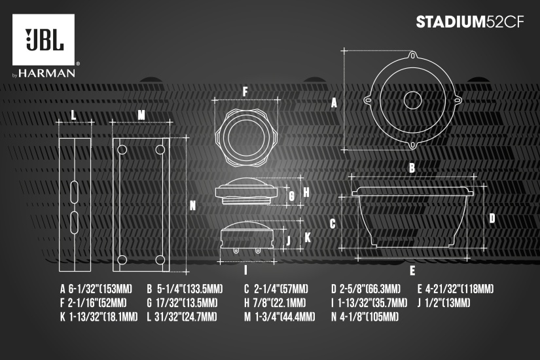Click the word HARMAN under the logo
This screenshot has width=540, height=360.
point(47,73)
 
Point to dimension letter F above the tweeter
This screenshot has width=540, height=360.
point(245,91)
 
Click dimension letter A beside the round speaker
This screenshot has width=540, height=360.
point(334,103)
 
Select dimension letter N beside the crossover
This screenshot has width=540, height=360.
point(193,205)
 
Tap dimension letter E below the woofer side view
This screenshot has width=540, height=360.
point(412,270)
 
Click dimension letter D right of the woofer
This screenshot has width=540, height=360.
point(492,218)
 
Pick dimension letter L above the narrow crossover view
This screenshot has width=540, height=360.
point(73,115)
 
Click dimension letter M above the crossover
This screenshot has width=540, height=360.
point(141,115)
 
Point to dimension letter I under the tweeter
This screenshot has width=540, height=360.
point(245,270)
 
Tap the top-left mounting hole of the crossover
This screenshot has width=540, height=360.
point(122,150)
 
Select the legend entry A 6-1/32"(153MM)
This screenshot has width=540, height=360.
point(96,289)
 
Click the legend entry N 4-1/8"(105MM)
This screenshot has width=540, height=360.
point(365,317)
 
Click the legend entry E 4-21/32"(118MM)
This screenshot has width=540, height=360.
point(456,289)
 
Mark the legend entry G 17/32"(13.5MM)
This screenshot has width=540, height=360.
point(181,303)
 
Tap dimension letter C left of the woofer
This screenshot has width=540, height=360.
point(333,224)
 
